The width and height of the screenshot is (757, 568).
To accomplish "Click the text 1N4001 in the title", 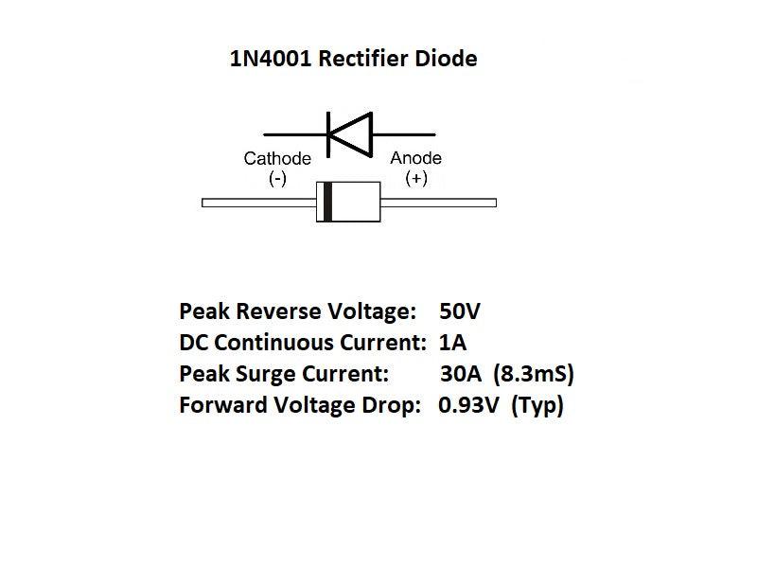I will pos(271,59).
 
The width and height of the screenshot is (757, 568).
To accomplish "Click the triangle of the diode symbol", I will pos(352,133).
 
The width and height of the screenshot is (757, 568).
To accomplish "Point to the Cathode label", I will pos(277,159).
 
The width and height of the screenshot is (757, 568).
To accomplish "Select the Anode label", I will pos(415,159).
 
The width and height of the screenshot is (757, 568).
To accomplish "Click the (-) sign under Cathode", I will pos(277,178).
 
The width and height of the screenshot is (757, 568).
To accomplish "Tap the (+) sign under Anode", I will pos(415,178).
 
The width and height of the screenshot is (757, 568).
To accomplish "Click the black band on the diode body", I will pos(327,203).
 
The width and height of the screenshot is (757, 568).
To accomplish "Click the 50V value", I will pos(461,311).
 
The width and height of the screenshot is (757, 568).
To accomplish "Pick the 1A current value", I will pos(453,343).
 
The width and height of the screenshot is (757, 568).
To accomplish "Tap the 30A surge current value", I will pos(459,374).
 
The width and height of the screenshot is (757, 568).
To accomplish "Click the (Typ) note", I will pos(537,407).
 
